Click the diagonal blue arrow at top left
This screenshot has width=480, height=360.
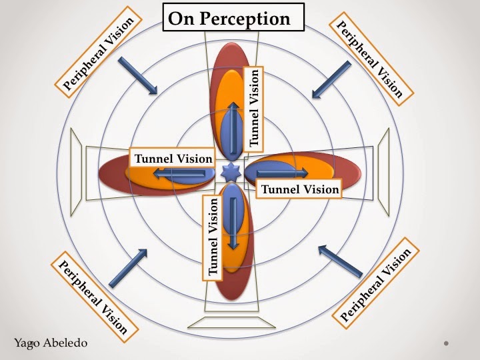pos(138,75)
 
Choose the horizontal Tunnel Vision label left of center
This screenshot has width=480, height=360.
pos(173,159)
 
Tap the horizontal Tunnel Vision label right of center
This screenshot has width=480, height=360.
pos(300,189)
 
